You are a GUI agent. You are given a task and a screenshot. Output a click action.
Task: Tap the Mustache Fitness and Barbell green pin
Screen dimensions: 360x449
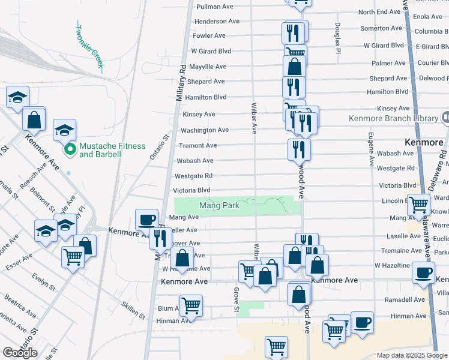pyautogui.click(x=70, y=149)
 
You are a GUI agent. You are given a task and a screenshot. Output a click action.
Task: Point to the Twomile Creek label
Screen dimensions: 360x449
pyautogui.click(x=88, y=45)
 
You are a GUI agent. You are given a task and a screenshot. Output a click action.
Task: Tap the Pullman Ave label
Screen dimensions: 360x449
pyautogui.click(x=211, y=6)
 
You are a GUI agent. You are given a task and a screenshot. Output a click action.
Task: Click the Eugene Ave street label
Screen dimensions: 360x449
pyautogui.click(x=370, y=149)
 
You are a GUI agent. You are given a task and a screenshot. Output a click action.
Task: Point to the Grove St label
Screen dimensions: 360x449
pyautogui.click(x=236, y=300)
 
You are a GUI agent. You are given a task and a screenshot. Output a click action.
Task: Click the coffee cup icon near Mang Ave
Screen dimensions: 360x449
pyautogui.click(x=147, y=220)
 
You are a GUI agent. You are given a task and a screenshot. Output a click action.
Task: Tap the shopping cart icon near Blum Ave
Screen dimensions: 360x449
pyautogui.click(x=191, y=305)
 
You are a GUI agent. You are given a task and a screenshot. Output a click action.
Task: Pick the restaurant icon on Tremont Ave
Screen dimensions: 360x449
pyautogui.click(x=298, y=149)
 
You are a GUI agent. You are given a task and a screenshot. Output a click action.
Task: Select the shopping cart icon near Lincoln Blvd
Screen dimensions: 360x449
pyautogui.click(x=419, y=205)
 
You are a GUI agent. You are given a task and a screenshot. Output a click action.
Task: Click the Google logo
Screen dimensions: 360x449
pyautogui.click(x=20, y=353)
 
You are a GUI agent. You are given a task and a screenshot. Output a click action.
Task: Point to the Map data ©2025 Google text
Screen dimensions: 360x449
pyautogui.click(x=411, y=355)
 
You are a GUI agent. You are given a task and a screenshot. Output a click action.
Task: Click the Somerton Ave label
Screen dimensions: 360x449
pyautogui.click(x=381, y=28)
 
